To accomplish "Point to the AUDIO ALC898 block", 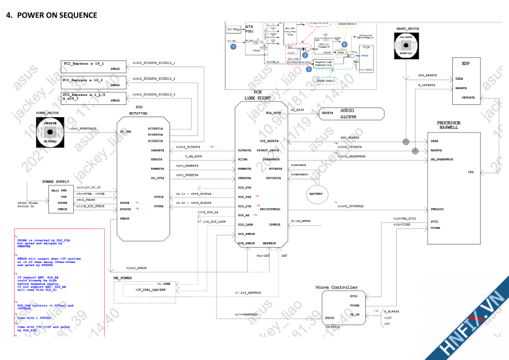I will click(x=351, y=113).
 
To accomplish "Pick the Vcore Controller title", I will click(x=336, y=287).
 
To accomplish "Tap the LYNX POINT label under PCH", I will click(x=257, y=98).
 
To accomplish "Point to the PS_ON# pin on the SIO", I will click(x=125, y=131).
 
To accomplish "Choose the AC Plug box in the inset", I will click(x=233, y=29).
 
